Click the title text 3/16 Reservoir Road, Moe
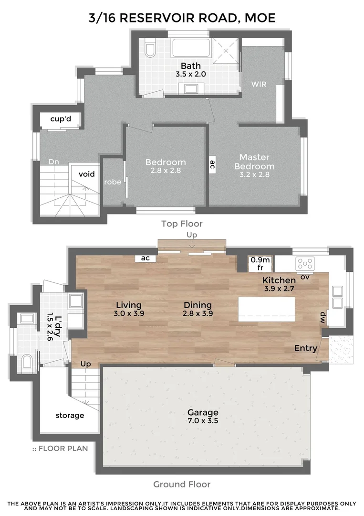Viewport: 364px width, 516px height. [182, 18]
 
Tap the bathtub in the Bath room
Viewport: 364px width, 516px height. [189, 48]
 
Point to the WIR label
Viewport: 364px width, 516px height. [259, 85]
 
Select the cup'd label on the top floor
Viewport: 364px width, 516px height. [61, 119]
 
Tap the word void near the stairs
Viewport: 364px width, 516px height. [86, 174]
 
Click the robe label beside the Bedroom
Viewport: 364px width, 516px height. [113, 182]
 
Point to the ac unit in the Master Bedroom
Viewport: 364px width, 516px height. [212, 165]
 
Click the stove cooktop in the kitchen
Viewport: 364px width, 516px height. [305, 263]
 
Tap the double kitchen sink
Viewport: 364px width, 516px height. [337, 297]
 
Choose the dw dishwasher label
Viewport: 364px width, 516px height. [323, 317]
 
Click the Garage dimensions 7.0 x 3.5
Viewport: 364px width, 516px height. [203, 421]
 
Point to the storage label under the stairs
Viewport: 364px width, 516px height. [70, 415]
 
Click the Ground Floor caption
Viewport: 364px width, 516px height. [182, 484]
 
